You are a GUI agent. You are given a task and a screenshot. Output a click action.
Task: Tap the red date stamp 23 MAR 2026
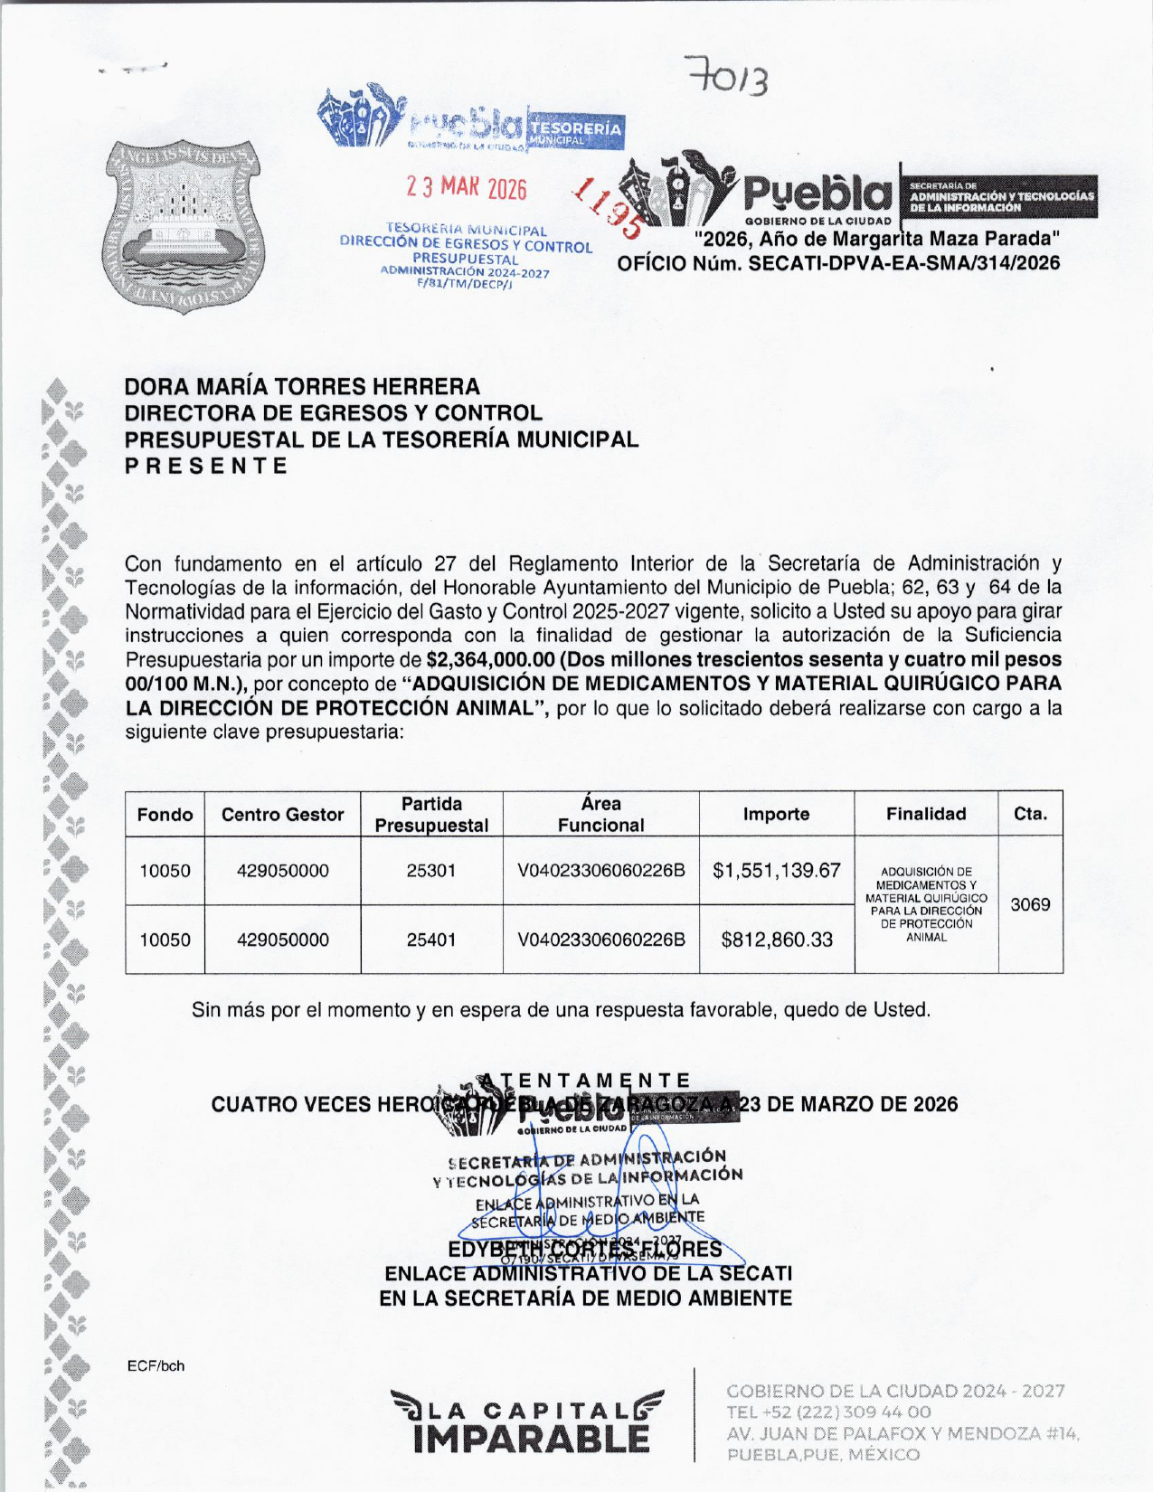tap(466, 187)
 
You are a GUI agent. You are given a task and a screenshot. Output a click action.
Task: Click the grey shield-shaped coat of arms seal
tap(185, 226)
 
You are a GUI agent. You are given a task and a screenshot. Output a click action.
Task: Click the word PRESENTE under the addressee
tap(206, 467)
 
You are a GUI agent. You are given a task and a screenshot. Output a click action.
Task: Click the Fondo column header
tap(165, 815)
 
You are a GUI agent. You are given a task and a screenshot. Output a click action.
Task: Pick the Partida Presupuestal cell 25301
tap(431, 871)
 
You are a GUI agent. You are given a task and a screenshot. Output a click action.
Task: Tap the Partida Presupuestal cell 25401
tap(431, 940)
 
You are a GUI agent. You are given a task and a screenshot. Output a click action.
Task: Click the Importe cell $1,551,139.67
tap(776, 871)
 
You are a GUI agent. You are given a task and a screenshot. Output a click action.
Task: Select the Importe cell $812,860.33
tap(776, 940)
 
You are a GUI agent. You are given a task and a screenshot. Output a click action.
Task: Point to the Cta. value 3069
tap(1030, 904)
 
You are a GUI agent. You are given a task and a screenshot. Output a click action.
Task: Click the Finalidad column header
tap(926, 814)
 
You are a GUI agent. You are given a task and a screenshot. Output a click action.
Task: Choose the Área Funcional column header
tap(600, 814)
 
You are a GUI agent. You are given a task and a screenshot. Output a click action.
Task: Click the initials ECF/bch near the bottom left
tap(156, 1365)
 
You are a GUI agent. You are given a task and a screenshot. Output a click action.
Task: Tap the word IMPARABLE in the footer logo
tap(532, 1439)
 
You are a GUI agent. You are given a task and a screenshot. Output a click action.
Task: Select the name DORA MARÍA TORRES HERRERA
tap(302, 387)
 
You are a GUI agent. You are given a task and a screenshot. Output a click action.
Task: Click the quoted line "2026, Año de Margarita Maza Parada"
tap(876, 240)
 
